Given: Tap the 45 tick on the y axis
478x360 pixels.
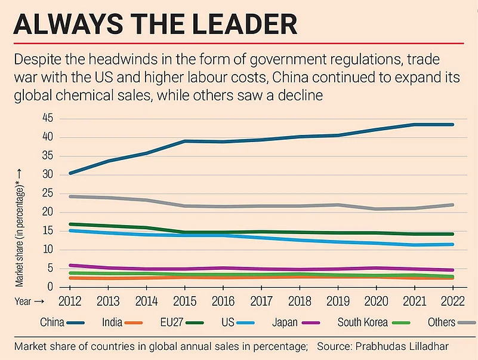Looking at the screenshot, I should click(48, 119).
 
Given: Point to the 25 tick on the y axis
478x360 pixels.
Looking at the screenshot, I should click(48, 193).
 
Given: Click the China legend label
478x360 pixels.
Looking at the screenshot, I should click(53, 322).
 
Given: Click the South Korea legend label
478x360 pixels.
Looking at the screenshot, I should click(362, 322).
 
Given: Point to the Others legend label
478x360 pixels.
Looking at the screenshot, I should click(441, 322).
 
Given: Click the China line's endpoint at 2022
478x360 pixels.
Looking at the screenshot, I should click(452, 124).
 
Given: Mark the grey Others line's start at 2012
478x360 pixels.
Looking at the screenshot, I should click(71, 196).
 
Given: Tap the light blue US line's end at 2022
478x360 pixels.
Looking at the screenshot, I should click(452, 244).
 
